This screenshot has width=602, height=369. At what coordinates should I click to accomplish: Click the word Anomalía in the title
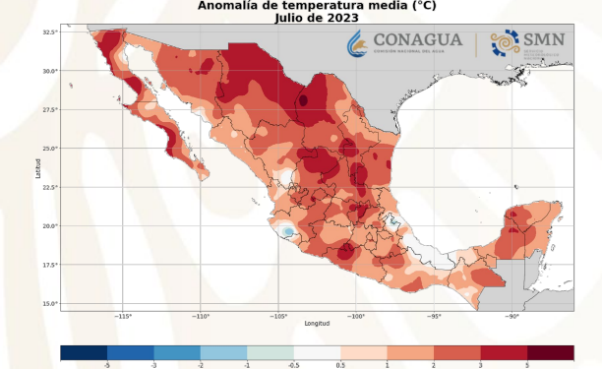click(x=228, y=6)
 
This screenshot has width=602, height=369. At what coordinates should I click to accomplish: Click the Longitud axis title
click(x=317, y=323)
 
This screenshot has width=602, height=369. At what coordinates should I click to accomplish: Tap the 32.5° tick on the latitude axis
click(x=50, y=32)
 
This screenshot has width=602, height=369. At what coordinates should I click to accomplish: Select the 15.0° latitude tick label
click(x=50, y=303)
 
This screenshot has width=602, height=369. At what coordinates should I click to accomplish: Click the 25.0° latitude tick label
click(x=50, y=149)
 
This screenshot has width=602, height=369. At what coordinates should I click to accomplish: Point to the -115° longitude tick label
click(x=123, y=316)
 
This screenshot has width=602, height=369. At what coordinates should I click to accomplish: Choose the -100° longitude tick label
click(x=356, y=316)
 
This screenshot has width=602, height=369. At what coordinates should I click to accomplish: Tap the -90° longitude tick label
click(x=512, y=316)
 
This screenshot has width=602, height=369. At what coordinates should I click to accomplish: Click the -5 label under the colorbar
click(x=106, y=364)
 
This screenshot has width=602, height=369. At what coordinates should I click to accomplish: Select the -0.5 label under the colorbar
click(x=293, y=364)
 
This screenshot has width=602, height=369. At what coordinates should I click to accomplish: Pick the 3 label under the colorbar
click(x=480, y=364)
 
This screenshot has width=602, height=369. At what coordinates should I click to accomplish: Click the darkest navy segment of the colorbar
click(x=84, y=351)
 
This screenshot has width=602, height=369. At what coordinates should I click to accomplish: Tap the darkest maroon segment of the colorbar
click(x=550, y=351)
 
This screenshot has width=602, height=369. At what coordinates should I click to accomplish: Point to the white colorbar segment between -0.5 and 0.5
click(x=317, y=351)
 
